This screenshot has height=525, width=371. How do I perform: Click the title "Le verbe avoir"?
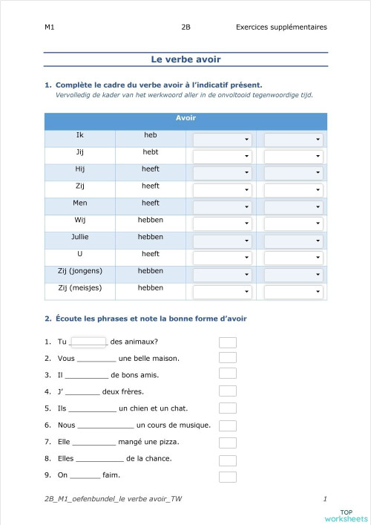185,59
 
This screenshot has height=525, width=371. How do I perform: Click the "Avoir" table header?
185,118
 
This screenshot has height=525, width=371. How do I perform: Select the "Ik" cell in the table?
80,135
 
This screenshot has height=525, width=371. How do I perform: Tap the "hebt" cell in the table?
151,151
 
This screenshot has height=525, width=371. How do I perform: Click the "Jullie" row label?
80,237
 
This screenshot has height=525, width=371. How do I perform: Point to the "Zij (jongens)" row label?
80,271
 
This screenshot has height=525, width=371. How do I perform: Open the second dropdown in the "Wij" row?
294,224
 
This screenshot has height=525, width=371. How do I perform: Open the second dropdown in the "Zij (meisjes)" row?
294,293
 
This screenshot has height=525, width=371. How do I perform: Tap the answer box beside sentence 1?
228,342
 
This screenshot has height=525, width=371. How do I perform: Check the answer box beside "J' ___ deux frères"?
228,391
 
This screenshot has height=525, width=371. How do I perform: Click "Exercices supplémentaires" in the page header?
281,27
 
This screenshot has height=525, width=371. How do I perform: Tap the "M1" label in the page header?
49,27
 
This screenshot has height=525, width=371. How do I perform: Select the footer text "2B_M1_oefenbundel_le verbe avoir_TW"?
113,499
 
